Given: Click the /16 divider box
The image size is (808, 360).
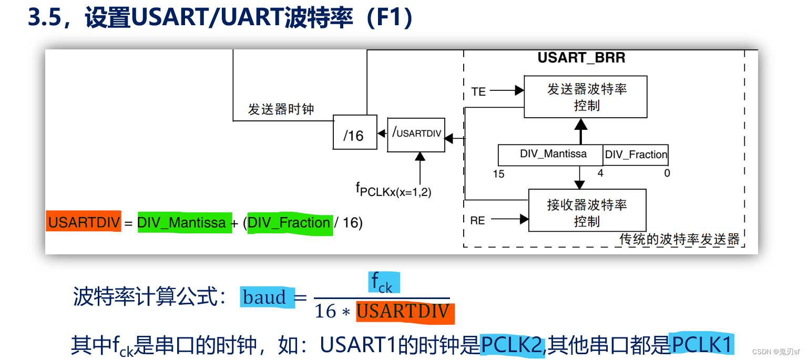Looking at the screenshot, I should point(355,132).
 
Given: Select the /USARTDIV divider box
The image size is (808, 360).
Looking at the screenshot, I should point(416,135).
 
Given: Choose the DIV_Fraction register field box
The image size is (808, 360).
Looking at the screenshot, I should point(636,155).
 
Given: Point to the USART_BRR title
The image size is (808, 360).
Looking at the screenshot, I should point(581,58).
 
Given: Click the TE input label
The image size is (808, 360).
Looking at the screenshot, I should point(478,92).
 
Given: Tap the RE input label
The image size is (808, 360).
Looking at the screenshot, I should point(477,221).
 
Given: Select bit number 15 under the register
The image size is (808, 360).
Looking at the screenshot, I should point(498,174).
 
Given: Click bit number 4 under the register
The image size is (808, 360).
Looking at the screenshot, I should point(600,173).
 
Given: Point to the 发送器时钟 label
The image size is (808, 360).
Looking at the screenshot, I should point(281,109).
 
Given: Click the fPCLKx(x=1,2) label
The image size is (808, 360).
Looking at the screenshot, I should point(393,190).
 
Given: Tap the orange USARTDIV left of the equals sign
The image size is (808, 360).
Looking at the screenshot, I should point(84,223).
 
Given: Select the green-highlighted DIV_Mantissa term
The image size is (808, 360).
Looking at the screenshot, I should point(182,223).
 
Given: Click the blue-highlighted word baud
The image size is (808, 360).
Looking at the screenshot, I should point(265,297).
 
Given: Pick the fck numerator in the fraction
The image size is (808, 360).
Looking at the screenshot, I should point(382,283).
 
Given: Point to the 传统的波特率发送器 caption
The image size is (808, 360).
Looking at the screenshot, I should point(679,240).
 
